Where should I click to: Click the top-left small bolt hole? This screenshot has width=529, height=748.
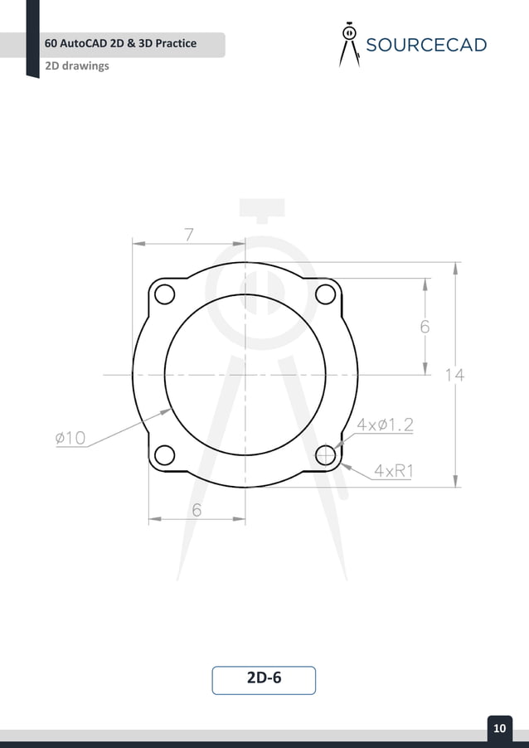coord(164,294)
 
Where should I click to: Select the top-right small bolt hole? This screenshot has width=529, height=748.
coord(326,294)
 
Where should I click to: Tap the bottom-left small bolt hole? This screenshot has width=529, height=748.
coord(164,454)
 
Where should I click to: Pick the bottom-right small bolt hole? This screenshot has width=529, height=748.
coord(326,454)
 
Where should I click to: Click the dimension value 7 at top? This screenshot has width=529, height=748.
coord(189,235)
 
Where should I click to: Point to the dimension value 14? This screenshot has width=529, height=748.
coord(454,375)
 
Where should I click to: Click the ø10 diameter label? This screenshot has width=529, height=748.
coord(70,438)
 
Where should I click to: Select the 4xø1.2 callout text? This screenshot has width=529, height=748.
coord(385,425)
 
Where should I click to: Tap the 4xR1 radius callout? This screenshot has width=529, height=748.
coord(394,471)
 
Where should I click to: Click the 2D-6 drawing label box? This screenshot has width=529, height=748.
coord(264,679)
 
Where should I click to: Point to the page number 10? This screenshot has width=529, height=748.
coord(499,728)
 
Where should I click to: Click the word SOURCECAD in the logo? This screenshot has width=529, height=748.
coord(426,45)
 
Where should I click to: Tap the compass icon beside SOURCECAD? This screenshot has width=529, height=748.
coord(349,44)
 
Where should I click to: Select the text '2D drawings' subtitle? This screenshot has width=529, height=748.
coord(78,66)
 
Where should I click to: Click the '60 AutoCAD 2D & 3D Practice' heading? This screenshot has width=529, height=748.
coord(121,43)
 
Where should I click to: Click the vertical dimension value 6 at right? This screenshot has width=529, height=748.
coord(425,327)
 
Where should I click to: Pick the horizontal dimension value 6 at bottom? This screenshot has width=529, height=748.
coord(197,511)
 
